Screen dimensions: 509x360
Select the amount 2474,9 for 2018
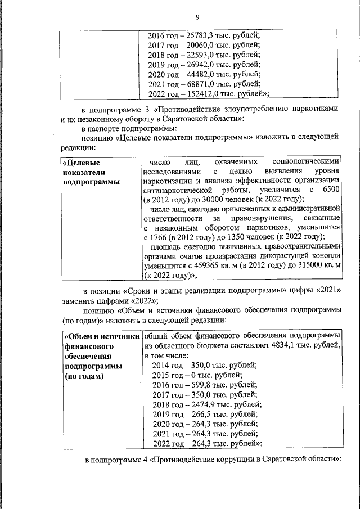click(x=196, y=404)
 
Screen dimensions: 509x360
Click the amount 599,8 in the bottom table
click(x=194, y=384)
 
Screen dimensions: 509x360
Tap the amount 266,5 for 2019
click(x=194, y=413)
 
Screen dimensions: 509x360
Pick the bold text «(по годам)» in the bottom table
click(x=84, y=376)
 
